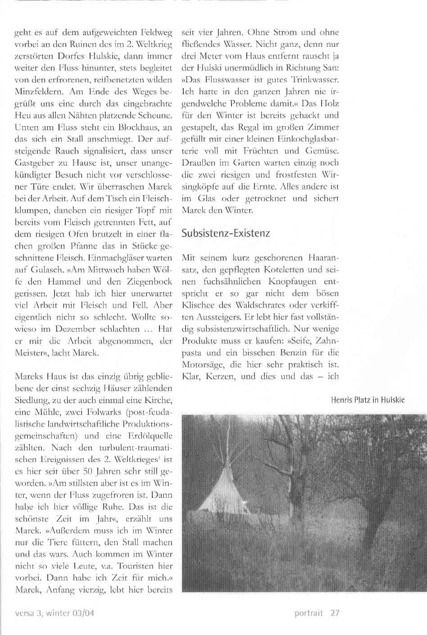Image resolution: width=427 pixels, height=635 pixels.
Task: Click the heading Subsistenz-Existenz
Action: (x=225, y=233)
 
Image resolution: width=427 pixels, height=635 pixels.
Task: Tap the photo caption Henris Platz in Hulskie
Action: (x=368, y=400)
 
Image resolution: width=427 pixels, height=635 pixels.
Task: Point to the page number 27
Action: (x=334, y=613)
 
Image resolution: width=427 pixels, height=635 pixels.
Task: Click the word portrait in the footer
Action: (x=309, y=613)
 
